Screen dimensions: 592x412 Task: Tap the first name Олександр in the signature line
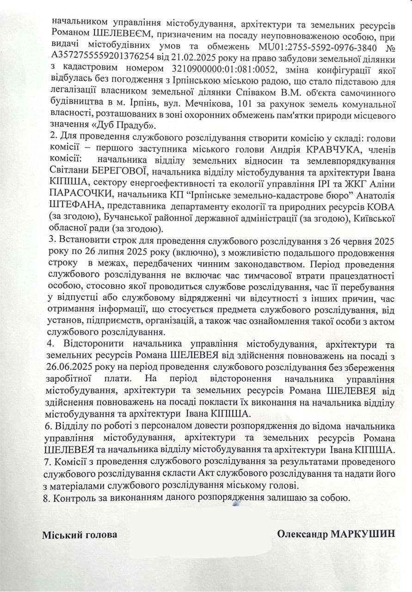pos(302,534)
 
